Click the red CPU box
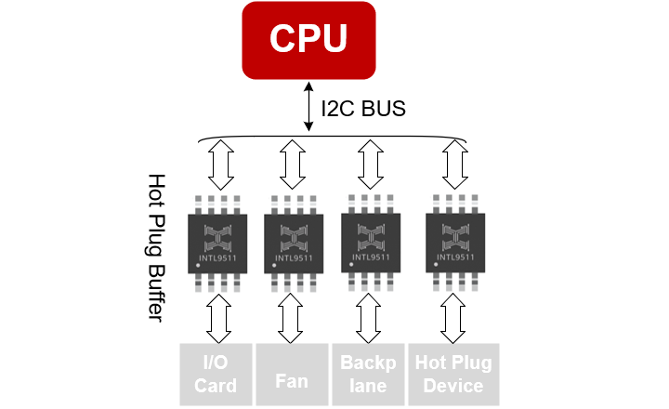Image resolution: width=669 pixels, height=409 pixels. click(309, 40)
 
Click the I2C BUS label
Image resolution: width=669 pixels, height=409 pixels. click(363, 109)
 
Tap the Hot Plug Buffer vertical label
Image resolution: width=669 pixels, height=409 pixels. click(157, 247)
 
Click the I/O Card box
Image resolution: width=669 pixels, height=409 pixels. click(215, 375)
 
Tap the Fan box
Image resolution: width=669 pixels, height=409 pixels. click(292, 375)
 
